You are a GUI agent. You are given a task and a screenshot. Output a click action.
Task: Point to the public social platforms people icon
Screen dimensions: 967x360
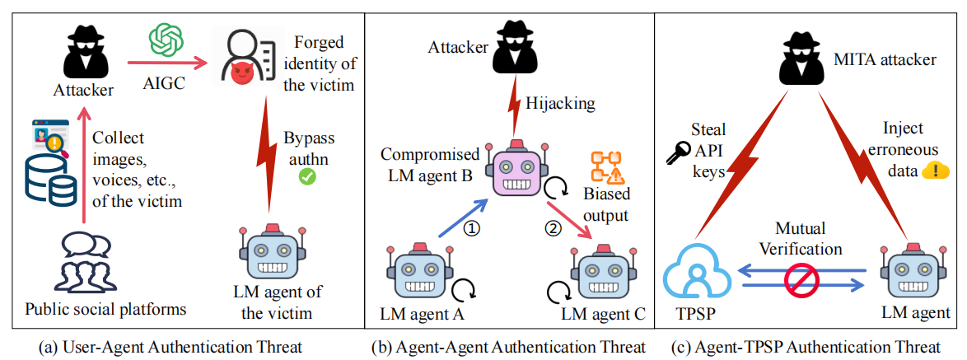[x=82, y=264]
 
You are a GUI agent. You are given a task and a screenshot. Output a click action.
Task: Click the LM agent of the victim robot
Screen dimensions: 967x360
[x=272, y=255]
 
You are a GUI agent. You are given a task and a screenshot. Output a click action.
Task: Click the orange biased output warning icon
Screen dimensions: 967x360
[x=607, y=166]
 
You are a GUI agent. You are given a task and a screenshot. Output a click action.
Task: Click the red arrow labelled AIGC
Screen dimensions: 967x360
[x=166, y=62]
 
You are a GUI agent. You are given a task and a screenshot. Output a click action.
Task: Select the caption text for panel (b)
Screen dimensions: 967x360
[x=509, y=347]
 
